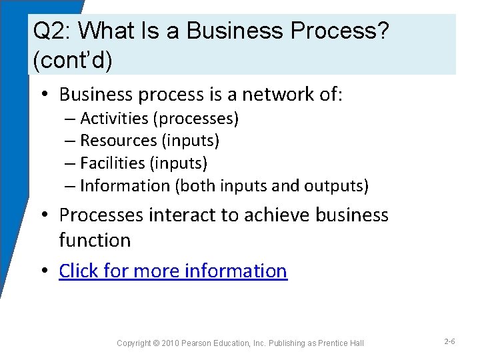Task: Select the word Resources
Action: pyautogui.click(x=119, y=141)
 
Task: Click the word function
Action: pyautogui.click(x=95, y=240)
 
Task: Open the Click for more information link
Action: pyautogui.click(x=173, y=271)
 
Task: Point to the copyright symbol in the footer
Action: pyautogui.click(x=155, y=343)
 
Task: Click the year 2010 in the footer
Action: pyautogui.click(x=170, y=343)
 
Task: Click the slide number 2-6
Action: pyautogui.click(x=449, y=342)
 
